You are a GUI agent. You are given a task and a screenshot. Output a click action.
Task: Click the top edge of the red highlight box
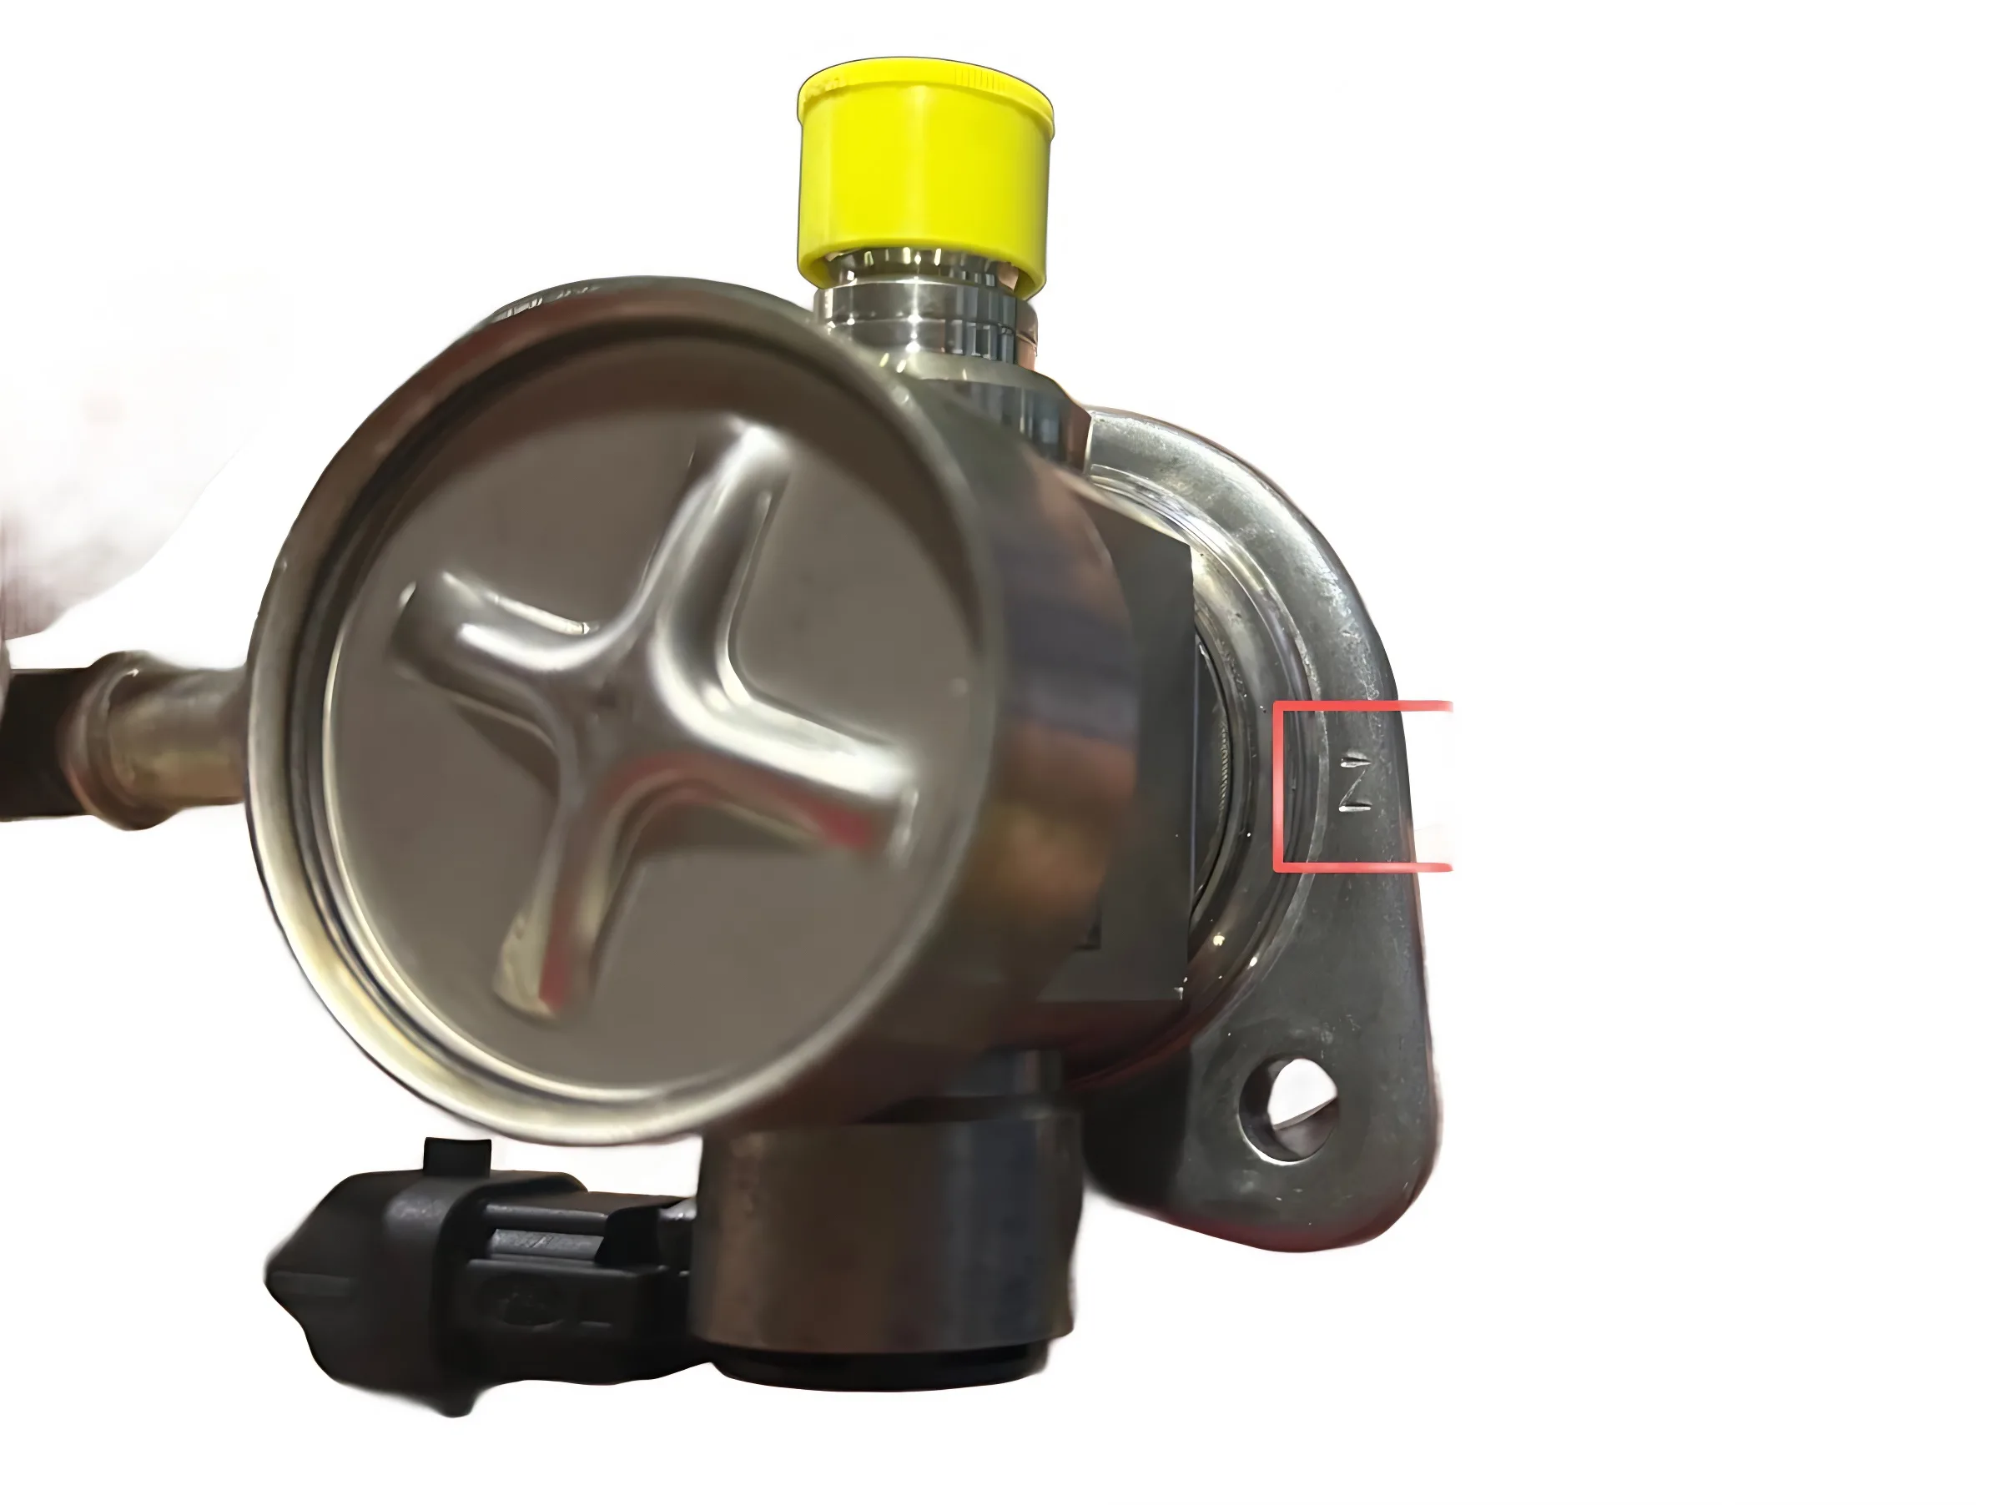[1362, 706]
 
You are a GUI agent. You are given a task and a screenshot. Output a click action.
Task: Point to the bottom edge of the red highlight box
[1362, 868]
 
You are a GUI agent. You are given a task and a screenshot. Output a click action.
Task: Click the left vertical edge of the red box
[1276, 787]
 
